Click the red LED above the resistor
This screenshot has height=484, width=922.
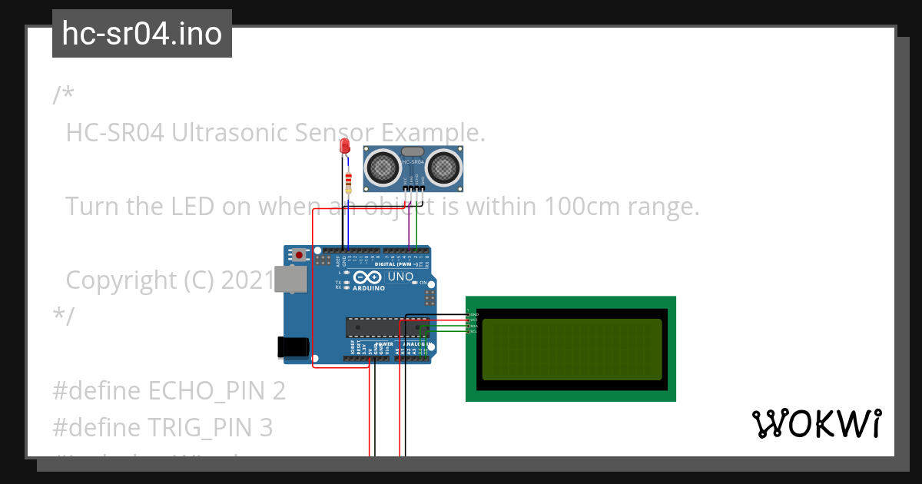click(345, 146)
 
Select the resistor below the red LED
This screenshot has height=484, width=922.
click(349, 182)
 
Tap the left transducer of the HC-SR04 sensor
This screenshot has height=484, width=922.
click(382, 167)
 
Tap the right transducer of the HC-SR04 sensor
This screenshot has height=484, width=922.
click(443, 167)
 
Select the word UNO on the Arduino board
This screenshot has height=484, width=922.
click(400, 277)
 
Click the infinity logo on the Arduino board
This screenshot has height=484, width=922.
click(367, 277)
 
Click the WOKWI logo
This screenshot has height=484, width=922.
click(816, 423)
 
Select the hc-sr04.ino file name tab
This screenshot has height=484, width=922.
click(142, 34)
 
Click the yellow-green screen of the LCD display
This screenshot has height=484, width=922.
click(571, 350)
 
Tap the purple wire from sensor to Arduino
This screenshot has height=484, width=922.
click(407, 227)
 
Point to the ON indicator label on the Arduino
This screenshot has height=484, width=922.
click(423, 283)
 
